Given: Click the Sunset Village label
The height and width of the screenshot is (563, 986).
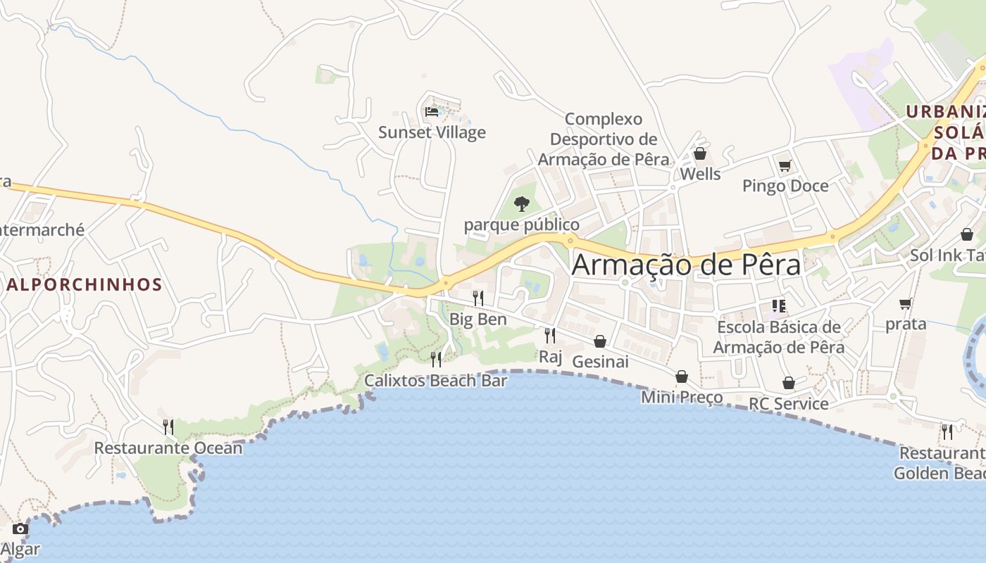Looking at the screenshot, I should click(432, 132).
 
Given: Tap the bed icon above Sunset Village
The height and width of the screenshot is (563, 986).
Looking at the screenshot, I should click(432, 111).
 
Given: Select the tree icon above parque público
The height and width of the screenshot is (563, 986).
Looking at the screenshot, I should click(521, 204).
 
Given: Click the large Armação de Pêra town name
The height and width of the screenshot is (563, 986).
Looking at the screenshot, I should click(686, 265).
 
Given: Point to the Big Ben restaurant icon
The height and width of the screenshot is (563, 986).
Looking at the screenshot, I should click(478, 298).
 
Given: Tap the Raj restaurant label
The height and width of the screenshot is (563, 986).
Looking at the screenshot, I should click(551, 357).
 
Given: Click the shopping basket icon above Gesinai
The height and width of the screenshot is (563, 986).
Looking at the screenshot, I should click(600, 341).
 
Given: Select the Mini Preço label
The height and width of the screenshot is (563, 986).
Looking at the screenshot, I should click(682, 397).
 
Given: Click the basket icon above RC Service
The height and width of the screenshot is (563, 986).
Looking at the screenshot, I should click(789, 383).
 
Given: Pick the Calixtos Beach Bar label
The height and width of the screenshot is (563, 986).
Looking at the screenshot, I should click(435, 381).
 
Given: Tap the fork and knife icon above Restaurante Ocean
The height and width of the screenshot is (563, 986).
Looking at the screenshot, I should click(168, 427).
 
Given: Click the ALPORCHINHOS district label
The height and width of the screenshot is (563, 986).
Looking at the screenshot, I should click(85, 285).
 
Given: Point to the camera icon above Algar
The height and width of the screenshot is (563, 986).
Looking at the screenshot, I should click(20, 529).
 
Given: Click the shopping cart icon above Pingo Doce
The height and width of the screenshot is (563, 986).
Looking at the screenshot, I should click(785, 166).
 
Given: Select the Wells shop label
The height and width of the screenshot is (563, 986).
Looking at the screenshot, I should click(700, 174).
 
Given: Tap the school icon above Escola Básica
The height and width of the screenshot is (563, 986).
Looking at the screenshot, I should click(778, 305).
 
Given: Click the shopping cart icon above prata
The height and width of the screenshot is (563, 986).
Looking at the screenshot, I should click(905, 303).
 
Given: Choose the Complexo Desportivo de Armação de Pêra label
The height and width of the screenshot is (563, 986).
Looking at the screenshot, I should click(604, 139).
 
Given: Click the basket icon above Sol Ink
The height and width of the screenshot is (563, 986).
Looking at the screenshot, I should click(967, 234).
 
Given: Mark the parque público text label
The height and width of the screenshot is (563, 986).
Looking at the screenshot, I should click(521, 225).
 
